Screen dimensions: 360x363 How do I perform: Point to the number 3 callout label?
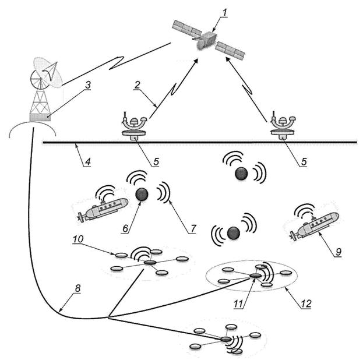tap(88, 85)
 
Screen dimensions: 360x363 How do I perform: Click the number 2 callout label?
tap(138, 85)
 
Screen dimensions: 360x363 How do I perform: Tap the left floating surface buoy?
tap(135, 129)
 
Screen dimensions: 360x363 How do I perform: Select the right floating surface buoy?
tap(282, 129)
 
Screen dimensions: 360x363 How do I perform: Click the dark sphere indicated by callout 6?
tap(141, 195)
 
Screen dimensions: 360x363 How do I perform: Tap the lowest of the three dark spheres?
tap(234, 233)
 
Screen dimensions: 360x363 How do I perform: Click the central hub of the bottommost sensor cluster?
tap(226, 339)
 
